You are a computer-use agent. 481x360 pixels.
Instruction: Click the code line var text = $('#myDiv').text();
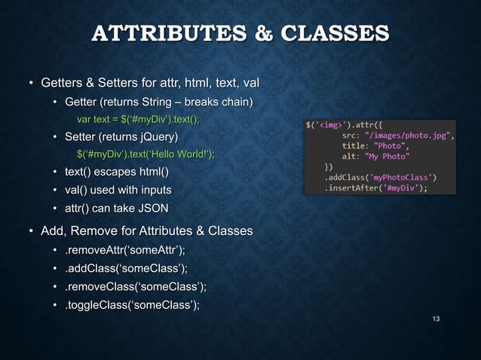click(139, 119)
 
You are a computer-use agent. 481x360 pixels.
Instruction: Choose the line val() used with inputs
click(118, 190)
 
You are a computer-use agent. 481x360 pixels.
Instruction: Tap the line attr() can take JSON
click(116, 207)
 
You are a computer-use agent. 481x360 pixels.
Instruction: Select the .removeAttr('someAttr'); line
click(124, 250)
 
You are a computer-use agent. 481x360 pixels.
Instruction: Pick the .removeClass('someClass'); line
click(135, 286)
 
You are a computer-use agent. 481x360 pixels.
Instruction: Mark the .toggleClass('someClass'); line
click(132, 304)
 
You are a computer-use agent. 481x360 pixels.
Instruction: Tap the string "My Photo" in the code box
click(387, 157)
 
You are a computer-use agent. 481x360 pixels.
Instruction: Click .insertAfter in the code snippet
click(352, 188)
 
